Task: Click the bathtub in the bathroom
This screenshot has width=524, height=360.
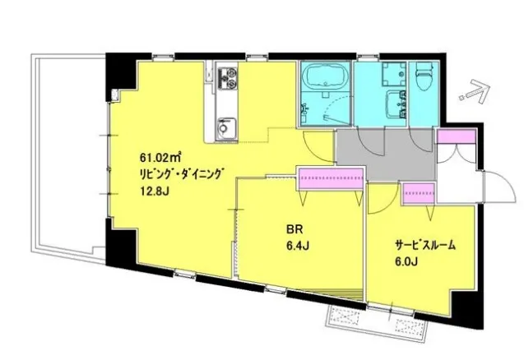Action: tap(326, 76)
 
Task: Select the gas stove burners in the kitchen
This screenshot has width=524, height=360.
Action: tap(227, 78)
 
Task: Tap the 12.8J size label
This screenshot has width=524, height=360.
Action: tap(154, 192)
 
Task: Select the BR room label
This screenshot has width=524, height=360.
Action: tap(294, 229)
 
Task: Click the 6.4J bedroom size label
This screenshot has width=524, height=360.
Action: tap(297, 246)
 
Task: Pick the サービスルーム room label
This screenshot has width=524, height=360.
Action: tap(425, 246)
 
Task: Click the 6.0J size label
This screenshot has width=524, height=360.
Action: tap(406, 261)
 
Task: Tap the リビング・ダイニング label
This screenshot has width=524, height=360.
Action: tap(181, 174)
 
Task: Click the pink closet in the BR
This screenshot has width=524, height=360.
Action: tap(331, 178)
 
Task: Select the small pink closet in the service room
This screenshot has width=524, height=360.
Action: tap(419, 193)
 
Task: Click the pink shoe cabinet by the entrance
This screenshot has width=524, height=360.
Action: tap(457, 137)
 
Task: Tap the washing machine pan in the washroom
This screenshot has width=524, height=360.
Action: tap(394, 74)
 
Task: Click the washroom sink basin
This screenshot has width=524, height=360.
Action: tap(394, 104)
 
